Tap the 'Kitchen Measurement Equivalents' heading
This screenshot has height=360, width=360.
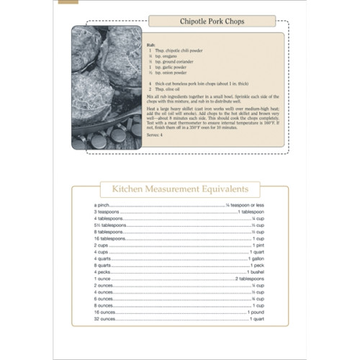[179, 189]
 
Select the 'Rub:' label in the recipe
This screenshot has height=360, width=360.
[150, 43]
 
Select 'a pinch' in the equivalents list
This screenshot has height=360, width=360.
[102, 206]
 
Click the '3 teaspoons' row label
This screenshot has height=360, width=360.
[106, 212]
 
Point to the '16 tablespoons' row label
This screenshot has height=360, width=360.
[109, 238]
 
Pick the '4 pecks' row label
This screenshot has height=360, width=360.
[102, 272]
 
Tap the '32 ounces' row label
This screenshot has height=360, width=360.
[105, 318]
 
